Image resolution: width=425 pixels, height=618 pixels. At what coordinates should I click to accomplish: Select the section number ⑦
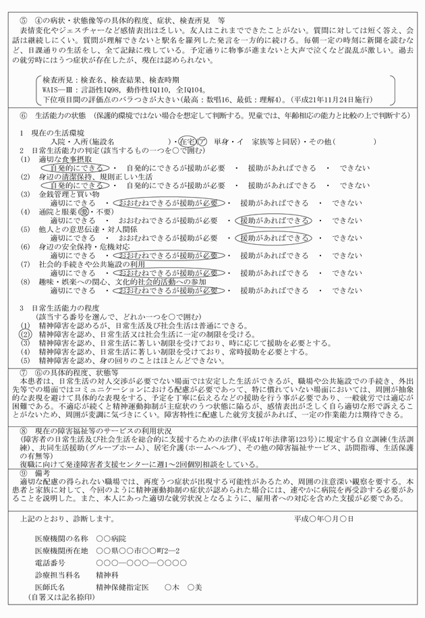coord(24,372)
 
